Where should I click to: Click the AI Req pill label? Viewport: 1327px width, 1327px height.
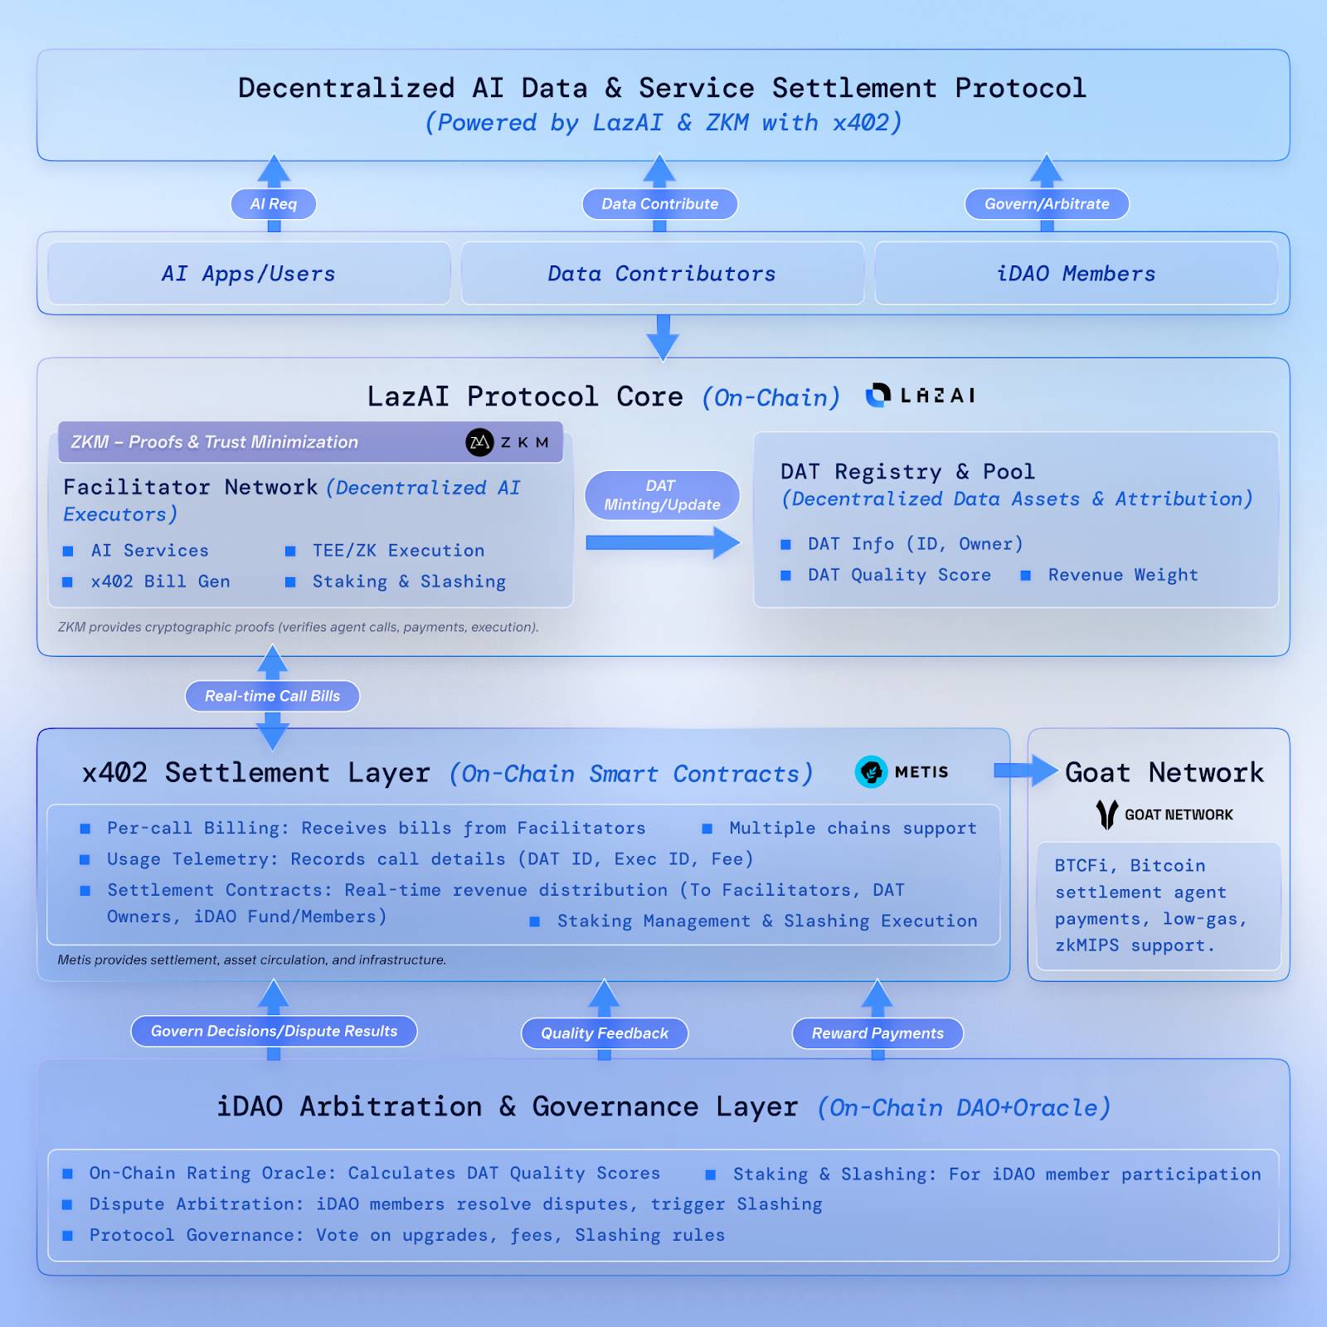(x=273, y=204)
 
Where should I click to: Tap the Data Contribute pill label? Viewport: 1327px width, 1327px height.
(x=659, y=204)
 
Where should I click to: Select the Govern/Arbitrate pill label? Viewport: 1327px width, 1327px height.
(x=1047, y=204)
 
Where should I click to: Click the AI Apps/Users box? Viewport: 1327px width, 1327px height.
(x=249, y=274)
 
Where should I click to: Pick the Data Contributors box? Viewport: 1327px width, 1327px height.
(x=662, y=274)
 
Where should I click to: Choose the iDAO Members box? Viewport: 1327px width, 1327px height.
(x=1076, y=274)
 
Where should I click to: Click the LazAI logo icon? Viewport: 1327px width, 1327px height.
(x=878, y=396)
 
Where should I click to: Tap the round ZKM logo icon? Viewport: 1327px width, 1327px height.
(x=479, y=442)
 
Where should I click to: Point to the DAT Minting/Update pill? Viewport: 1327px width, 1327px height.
(x=662, y=495)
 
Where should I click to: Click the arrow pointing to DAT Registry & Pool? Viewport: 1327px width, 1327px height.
(x=662, y=543)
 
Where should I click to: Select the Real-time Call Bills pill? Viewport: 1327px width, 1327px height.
(x=272, y=696)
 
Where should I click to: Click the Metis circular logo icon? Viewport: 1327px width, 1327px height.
(x=871, y=772)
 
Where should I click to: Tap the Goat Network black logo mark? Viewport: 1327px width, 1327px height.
(x=1106, y=814)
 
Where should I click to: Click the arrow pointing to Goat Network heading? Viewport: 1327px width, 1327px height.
(x=1025, y=770)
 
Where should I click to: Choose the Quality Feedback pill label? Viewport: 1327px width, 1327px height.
(x=605, y=1033)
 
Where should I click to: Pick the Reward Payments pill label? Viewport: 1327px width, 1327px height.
(x=877, y=1033)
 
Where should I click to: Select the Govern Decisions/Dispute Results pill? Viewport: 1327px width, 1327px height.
(x=274, y=1031)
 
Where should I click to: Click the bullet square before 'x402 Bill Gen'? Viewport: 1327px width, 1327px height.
(x=68, y=582)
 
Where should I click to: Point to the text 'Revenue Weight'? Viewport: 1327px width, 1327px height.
(x=1123, y=575)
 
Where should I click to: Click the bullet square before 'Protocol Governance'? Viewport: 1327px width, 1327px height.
(x=68, y=1236)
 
